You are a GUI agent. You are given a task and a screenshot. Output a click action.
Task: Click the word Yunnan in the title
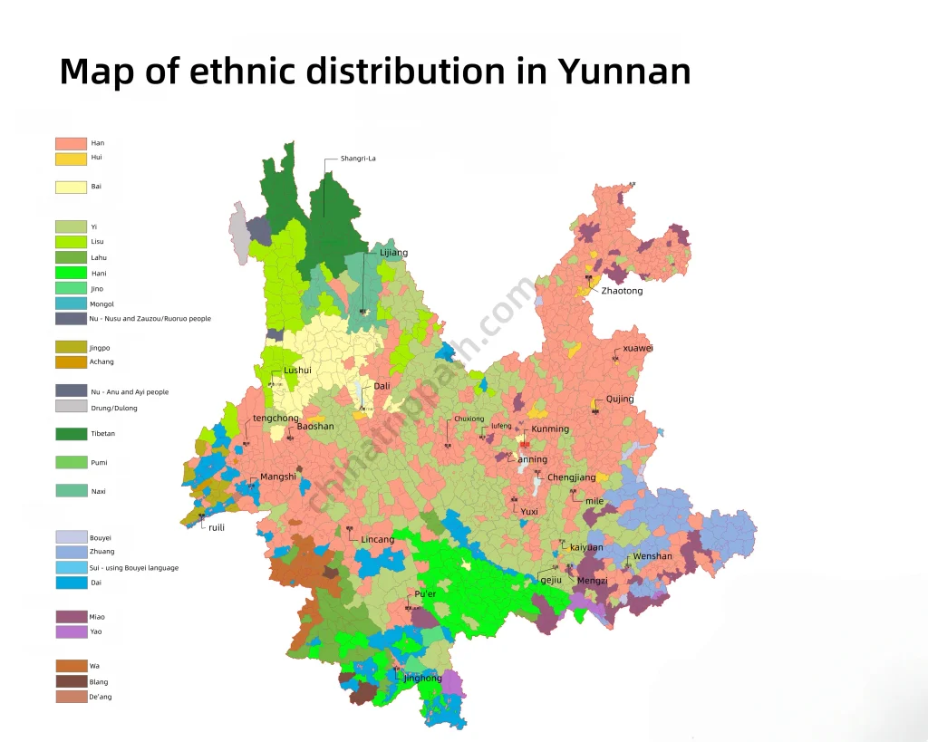tap(624, 71)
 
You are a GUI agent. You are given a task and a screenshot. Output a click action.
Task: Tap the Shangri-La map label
tap(358, 159)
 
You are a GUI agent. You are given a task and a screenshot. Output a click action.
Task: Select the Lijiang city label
tap(393, 253)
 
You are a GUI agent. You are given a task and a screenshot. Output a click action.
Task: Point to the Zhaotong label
tap(622, 291)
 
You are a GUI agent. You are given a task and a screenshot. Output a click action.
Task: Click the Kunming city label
tap(550, 429)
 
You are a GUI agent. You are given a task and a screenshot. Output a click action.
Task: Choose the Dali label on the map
tap(382, 386)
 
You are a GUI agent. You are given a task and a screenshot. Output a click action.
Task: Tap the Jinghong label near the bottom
tap(423, 678)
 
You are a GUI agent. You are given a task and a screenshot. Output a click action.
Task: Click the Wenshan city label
tap(652, 556)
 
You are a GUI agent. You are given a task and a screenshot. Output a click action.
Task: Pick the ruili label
tap(217, 527)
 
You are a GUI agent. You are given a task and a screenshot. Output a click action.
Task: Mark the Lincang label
tap(378, 539)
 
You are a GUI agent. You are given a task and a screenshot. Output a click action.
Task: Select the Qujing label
tap(620, 399)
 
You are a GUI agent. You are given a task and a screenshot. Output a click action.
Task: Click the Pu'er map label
tap(425, 593)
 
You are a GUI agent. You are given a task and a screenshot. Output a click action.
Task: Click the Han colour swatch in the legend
tap(71, 143)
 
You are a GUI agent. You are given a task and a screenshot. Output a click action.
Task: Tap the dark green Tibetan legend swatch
tap(71, 434)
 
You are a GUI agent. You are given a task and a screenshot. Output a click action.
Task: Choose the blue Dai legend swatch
tap(71, 583)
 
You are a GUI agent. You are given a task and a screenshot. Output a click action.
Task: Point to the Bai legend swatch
tap(71, 187)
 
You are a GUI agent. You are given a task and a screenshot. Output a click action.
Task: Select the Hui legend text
tap(96, 158)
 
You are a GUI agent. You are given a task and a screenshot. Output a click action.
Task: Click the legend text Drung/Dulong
tap(114, 408)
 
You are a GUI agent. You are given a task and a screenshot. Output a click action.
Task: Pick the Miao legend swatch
tap(71, 617)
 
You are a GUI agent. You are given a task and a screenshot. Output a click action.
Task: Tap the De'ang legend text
tap(101, 697)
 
